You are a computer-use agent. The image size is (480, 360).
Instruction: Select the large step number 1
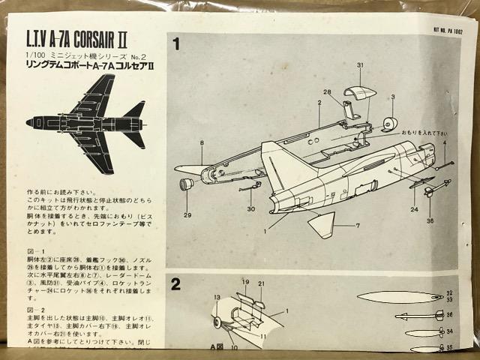coord(176,44)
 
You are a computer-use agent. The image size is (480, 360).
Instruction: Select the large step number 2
coord(176,283)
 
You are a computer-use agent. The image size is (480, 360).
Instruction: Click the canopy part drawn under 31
coord(359,93)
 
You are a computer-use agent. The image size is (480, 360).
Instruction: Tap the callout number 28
coord(327,91)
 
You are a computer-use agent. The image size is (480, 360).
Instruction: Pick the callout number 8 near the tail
coord(201,142)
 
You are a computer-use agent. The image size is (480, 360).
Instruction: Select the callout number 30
coord(250,208)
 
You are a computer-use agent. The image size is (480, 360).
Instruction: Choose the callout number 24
coord(412,209)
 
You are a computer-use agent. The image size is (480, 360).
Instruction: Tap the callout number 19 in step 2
coord(244,282)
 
